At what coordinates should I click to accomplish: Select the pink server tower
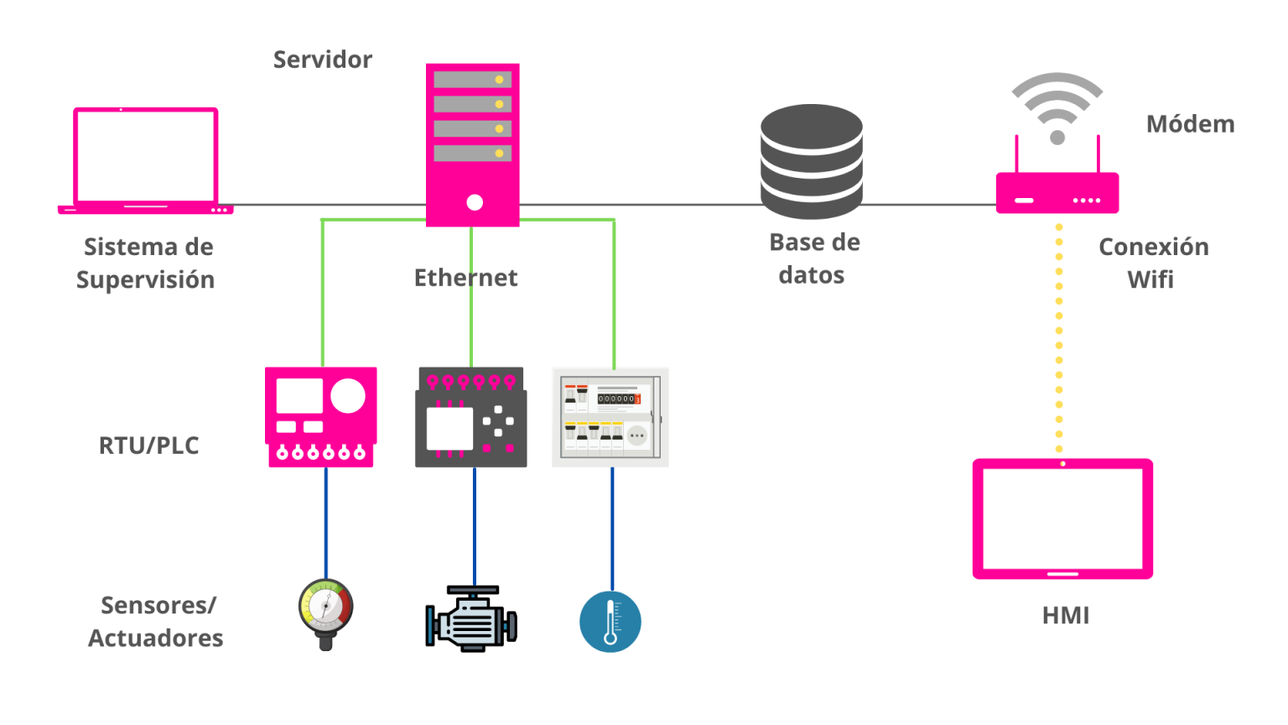point(472,144)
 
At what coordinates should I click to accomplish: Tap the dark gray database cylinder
point(811,161)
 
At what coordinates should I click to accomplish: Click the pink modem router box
point(1057,193)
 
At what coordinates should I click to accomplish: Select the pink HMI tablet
point(1062,519)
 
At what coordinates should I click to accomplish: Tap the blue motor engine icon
point(471,621)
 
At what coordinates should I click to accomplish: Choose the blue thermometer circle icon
point(610,622)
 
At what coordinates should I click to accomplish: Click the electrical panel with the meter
point(610,417)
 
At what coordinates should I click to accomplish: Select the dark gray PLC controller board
point(471,417)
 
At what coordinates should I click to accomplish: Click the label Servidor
point(323,60)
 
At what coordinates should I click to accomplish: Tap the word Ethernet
point(465,278)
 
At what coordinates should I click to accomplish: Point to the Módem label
point(1190,124)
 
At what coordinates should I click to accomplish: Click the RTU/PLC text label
point(149,446)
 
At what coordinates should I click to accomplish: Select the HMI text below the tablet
point(1066,615)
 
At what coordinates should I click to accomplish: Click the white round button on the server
point(475,202)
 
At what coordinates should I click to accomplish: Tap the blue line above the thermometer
point(612,529)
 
